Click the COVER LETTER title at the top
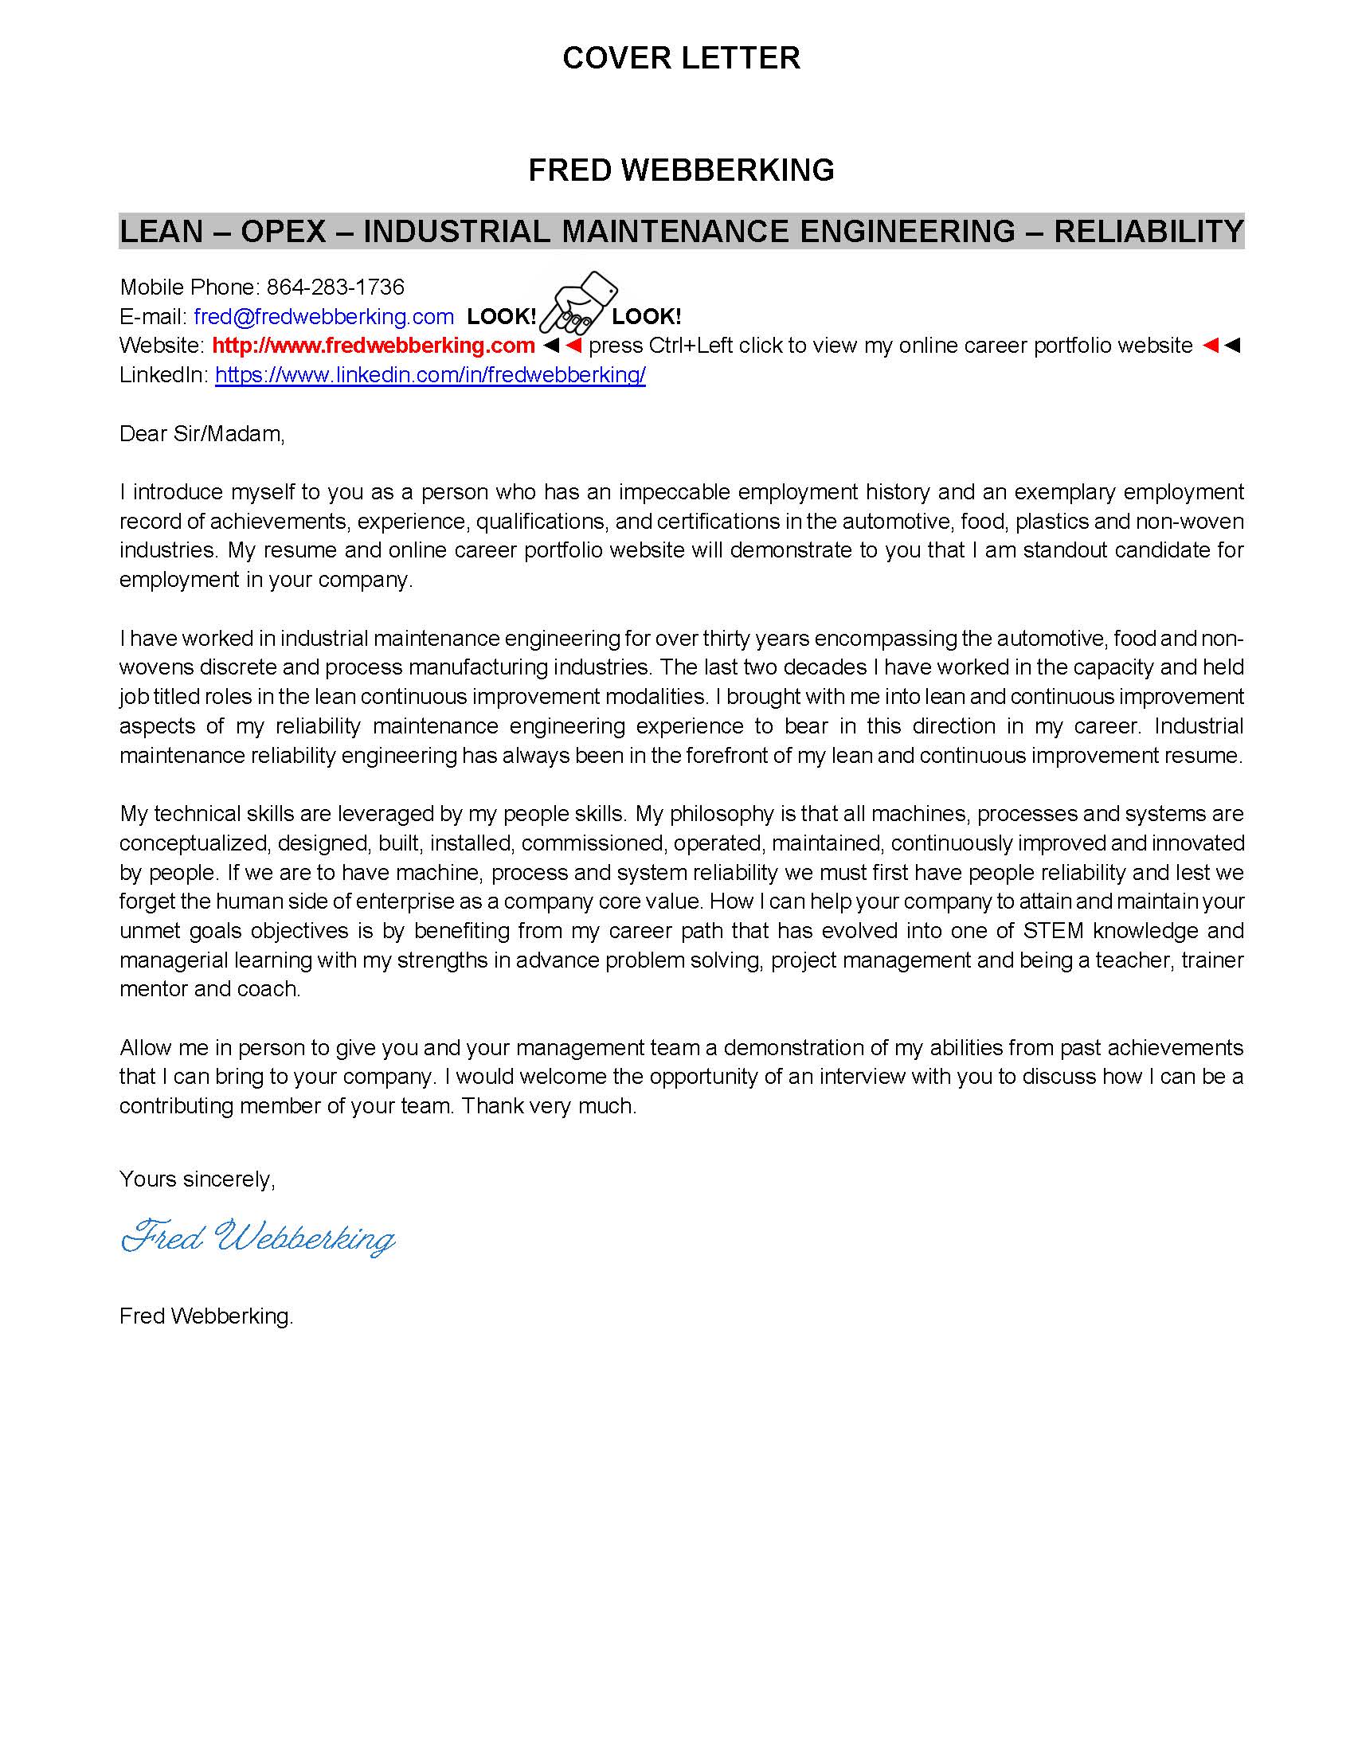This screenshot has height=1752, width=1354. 681,58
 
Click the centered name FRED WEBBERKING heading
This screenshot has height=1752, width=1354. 681,170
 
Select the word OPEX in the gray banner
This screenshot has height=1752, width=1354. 284,232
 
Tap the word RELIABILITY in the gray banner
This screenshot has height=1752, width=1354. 1149,232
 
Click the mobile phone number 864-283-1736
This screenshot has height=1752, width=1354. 335,287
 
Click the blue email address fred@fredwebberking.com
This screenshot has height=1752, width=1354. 324,316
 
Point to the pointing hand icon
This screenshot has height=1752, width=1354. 577,303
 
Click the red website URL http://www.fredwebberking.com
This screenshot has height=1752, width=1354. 373,346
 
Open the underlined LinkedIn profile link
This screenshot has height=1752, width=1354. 430,374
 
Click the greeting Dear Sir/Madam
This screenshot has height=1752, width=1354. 202,434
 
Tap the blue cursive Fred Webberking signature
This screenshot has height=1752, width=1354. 258,1237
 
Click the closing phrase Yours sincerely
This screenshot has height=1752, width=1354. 197,1179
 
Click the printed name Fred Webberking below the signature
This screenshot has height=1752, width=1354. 206,1316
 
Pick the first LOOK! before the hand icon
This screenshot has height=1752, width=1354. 501,316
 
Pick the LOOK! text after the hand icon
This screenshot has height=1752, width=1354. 647,316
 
